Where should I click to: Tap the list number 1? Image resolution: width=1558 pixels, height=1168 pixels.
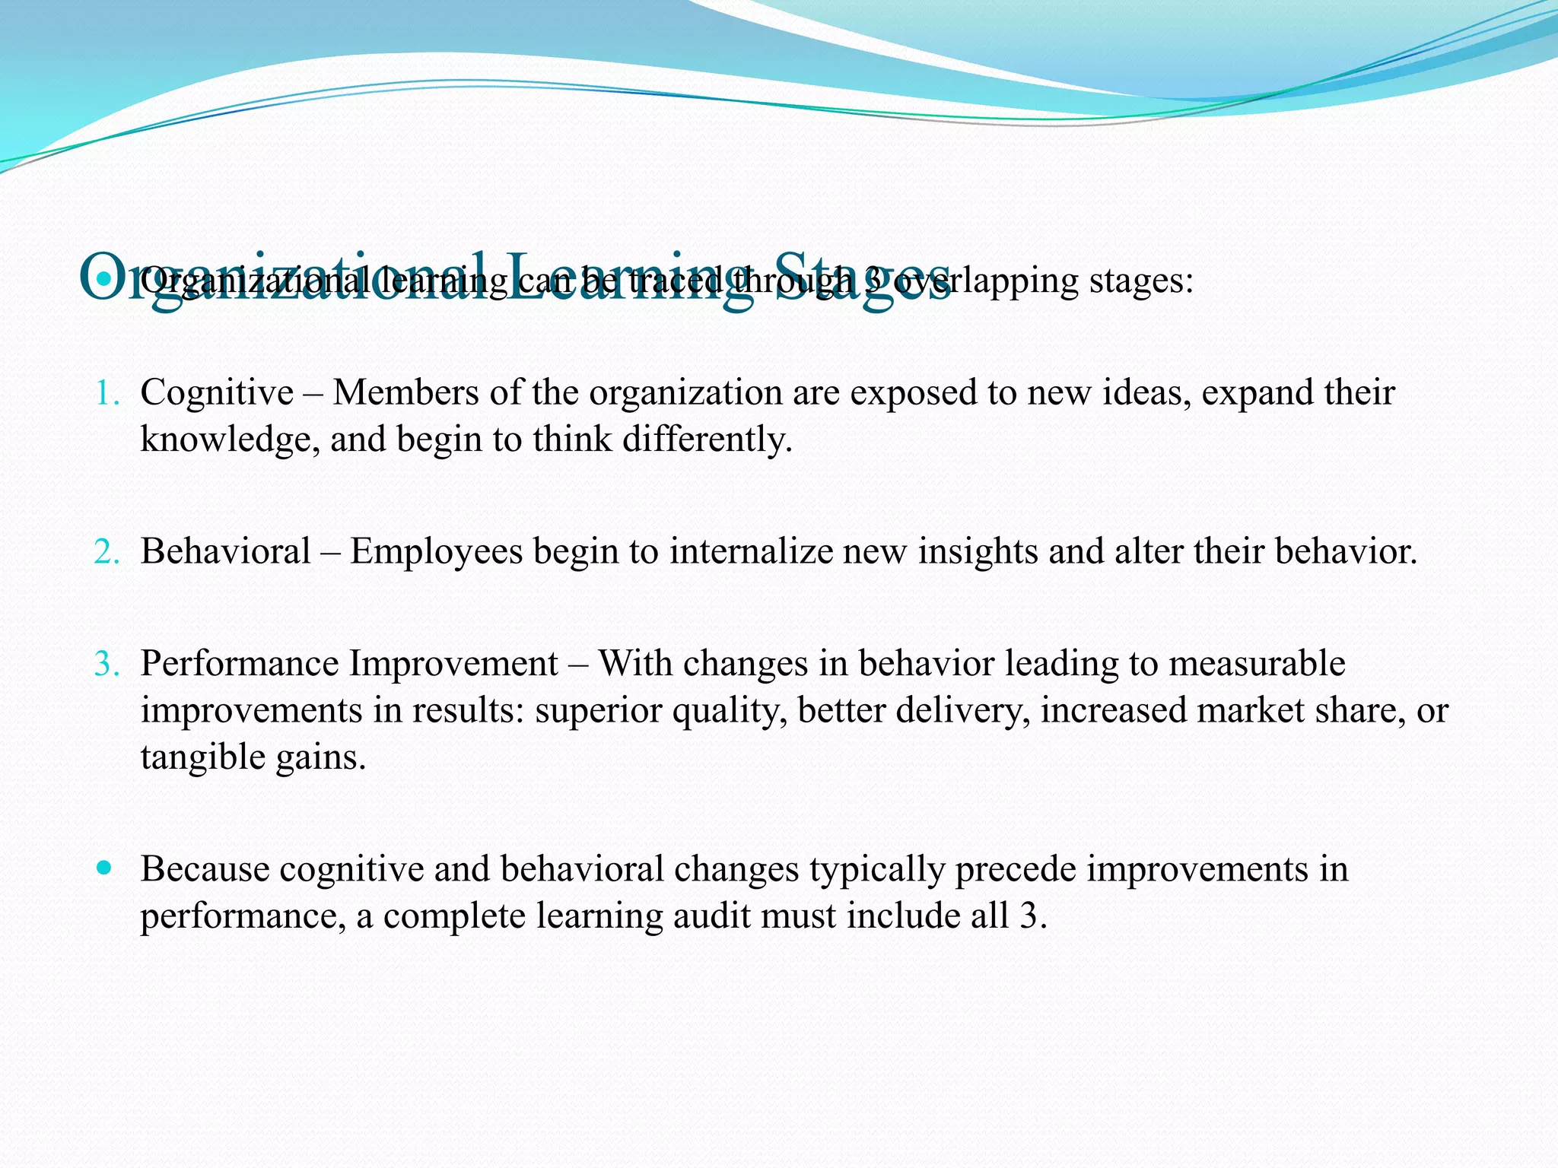pyautogui.click(x=106, y=394)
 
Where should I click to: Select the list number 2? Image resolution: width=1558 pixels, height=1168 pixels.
pyautogui.click(x=106, y=552)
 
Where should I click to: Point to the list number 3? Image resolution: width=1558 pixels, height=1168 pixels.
pyautogui.click(x=106, y=665)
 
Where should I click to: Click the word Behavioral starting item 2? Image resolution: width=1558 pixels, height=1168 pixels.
pyautogui.click(x=225, y=552)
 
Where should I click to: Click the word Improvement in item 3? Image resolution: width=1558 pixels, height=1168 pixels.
pyautogui.click(x=453, y=665)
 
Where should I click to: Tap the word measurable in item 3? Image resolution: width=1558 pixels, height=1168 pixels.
pyautogui.click(x=1257, y=664)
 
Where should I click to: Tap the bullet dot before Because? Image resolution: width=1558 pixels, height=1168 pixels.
pyautogui.click(x=105, y=867)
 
